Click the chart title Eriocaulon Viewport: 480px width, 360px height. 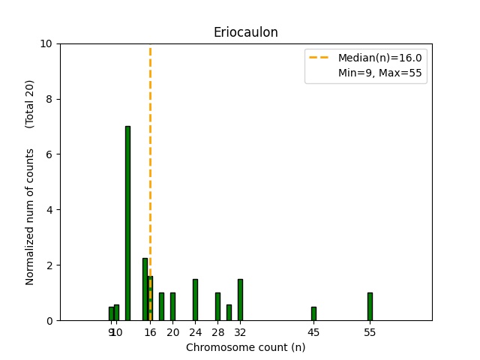coord(245,32)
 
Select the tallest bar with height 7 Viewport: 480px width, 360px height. coord(127,223)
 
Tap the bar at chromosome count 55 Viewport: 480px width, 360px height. coord(370,307)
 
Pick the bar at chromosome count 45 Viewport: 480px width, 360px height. coord(313,313)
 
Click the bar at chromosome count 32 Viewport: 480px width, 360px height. coord(240,300)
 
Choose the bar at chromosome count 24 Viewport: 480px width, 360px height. coord(195,300)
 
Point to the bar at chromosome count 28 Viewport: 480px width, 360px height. coord(217,307)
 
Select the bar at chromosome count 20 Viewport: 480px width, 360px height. coord(172,307)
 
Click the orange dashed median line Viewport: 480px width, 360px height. coord(150,150)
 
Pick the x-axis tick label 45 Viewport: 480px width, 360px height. coord(313,332)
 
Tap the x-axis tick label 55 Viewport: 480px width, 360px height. coord(370,332)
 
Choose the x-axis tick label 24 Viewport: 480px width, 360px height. coord(195,332)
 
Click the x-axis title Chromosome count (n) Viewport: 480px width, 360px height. coord(245,347)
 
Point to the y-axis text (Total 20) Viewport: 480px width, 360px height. coord(30,103)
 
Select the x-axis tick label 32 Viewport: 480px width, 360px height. coord(240,332)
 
